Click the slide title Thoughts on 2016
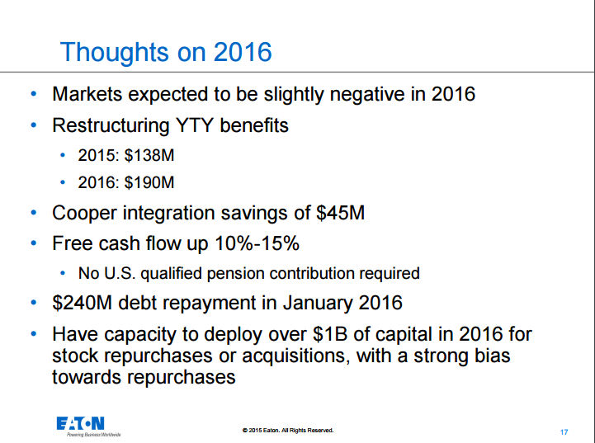pyautogui.click(x=166, y=52)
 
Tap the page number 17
pyautogui.click(x=564, y=432)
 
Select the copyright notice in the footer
pyautogui.click(x=289, y=431)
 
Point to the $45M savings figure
pyautogui.click(x=341, y=213)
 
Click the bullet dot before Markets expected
pyautogui.click(x=33, y=93)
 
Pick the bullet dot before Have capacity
pyautogui.click(x=33, y=334)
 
